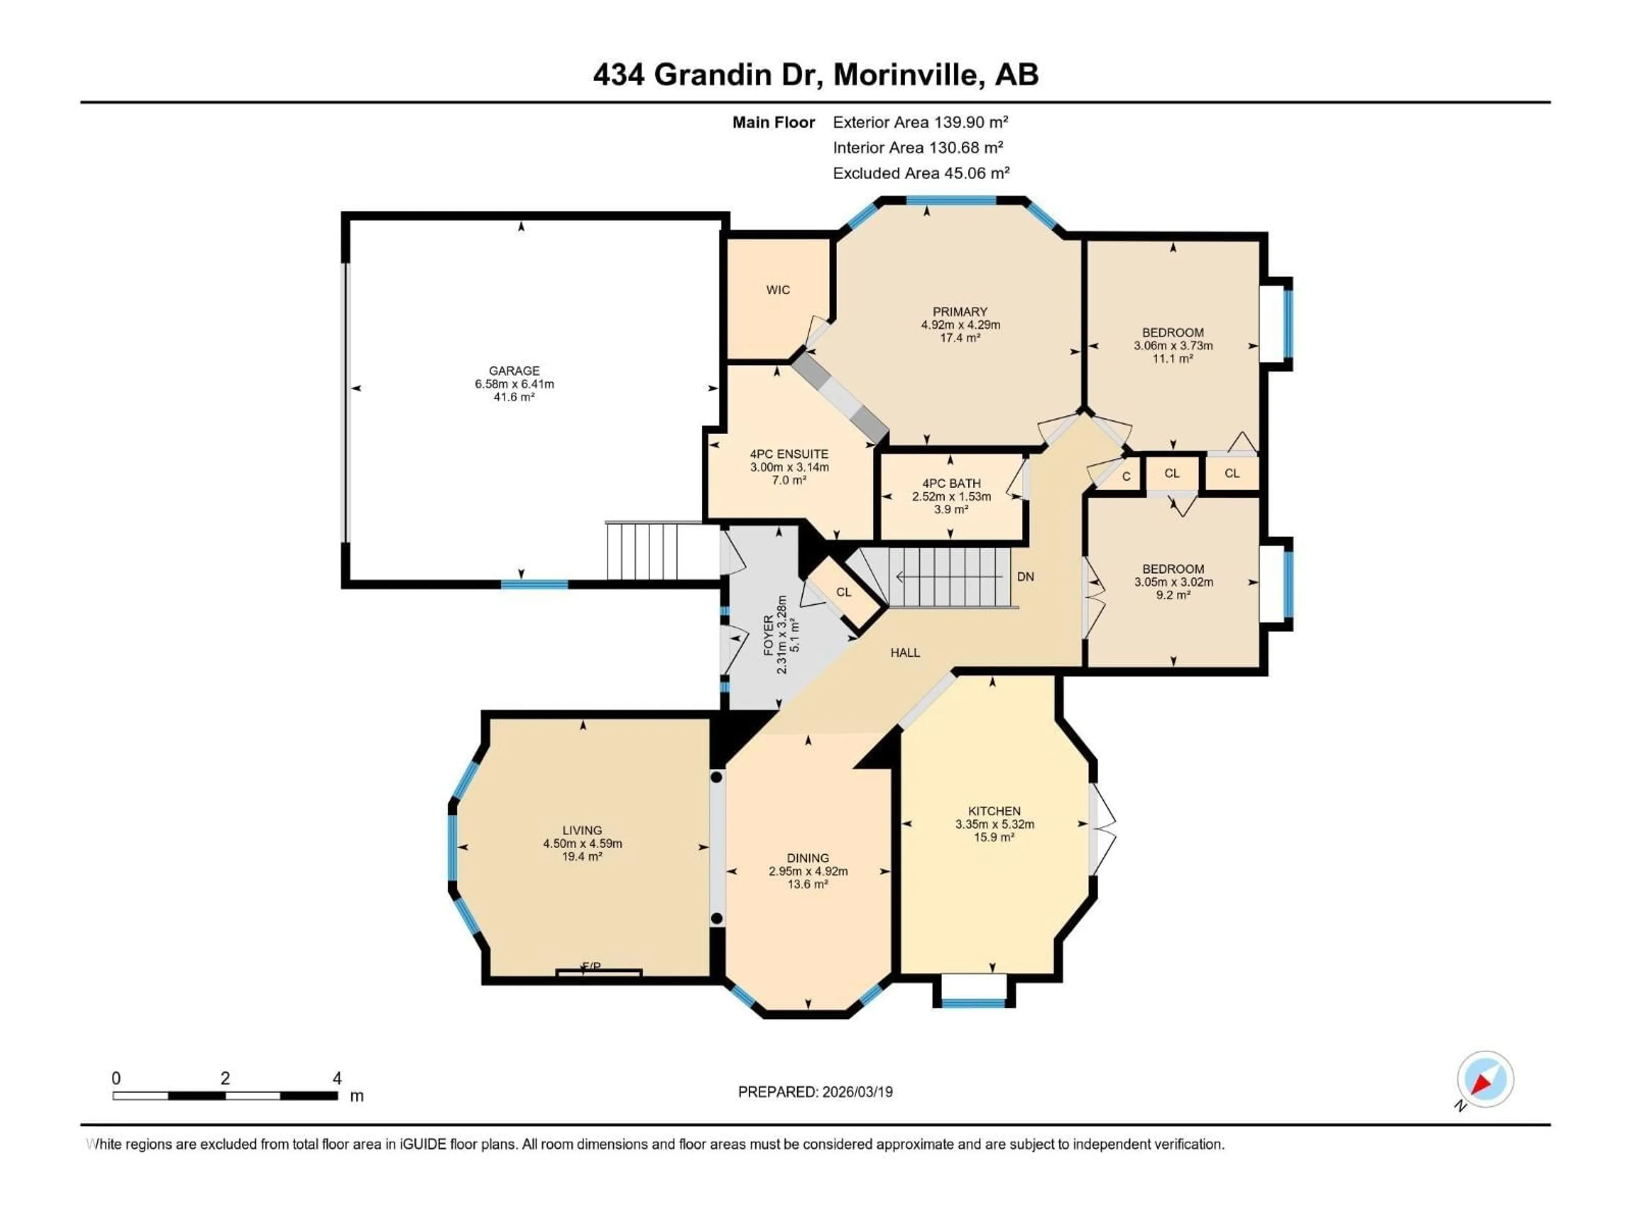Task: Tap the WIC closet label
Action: tap(778, 290)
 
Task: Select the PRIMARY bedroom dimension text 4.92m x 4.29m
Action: tap(960, 325)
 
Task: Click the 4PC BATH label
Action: tap(951, 483)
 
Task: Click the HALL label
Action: tap(904, 652)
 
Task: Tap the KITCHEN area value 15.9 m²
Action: tap(994, 837)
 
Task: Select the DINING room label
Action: tap(807, 858)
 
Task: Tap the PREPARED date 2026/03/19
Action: tap(856, 1092)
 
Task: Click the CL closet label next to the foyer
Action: tap(843, 592)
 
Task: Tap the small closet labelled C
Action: tap(1126, 476)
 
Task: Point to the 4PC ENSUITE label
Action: tap(789, 454)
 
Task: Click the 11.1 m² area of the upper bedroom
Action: tap(1172, 359)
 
